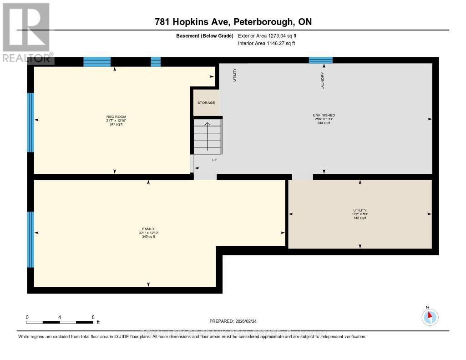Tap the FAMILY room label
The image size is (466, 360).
(148, 229)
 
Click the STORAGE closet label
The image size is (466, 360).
(206, 103)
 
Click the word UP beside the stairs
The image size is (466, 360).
(214, 160)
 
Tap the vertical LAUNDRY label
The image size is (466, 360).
(323, 81)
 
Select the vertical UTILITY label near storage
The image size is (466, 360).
(235, 75)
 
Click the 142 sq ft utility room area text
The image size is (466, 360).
(360, 218)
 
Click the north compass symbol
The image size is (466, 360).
(430, 317)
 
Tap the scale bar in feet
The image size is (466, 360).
(60, 322)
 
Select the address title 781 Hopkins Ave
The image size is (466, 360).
(233, 22)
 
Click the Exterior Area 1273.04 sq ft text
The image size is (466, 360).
(267, 35)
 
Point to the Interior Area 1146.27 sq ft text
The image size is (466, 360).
(267, 44)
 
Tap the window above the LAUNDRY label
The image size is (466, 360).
(321, 60)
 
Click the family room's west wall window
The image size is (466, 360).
(30, 239)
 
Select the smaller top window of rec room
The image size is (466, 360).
(156, 62)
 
